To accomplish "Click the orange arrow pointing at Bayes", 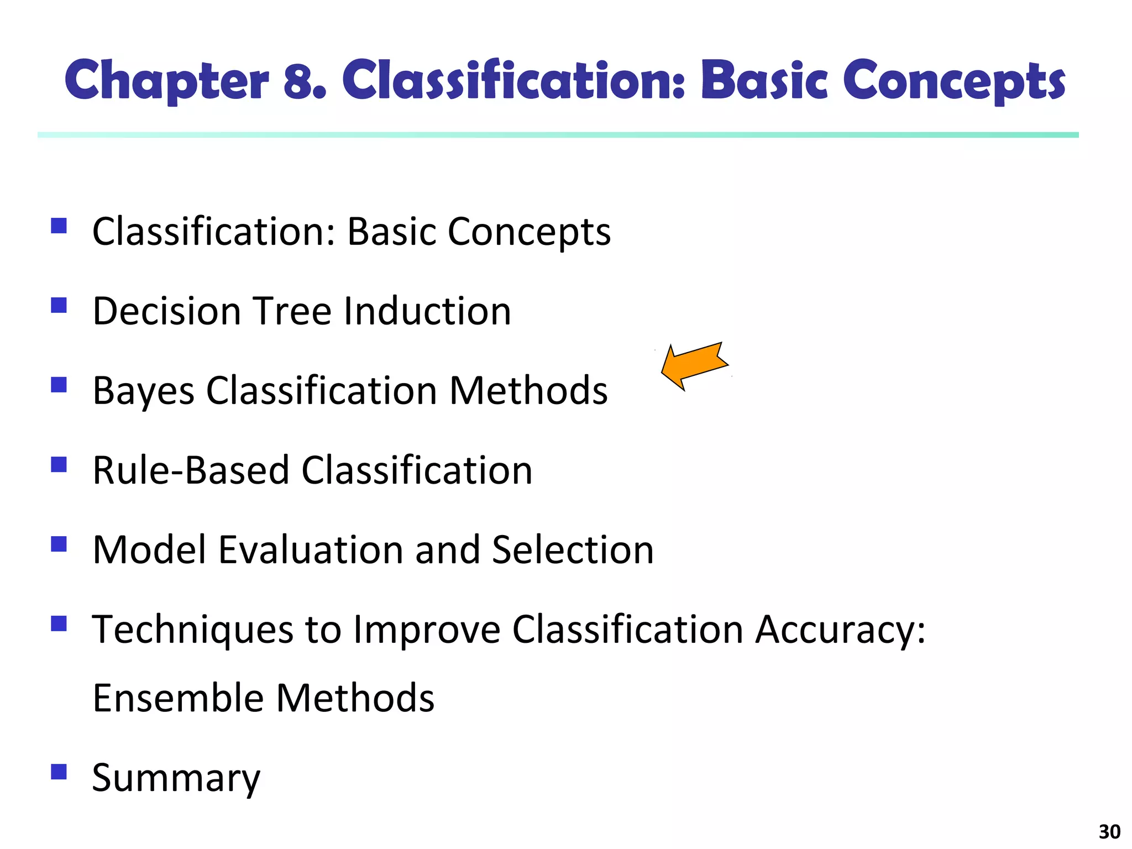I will point(694,366).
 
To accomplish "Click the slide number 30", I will point(1109,831).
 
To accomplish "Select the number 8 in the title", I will point(304,81).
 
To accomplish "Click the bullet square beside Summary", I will point(59,771).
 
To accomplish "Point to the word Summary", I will point(176,778).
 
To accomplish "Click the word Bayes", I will point(143,391).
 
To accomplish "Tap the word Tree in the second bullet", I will point(292,311).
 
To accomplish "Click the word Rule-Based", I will point(191,470).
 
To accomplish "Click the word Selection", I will point(572,550).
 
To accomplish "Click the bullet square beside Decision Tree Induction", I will point(59,305).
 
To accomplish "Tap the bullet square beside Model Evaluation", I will point(59,544).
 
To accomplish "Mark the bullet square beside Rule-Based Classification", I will point(59,464).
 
